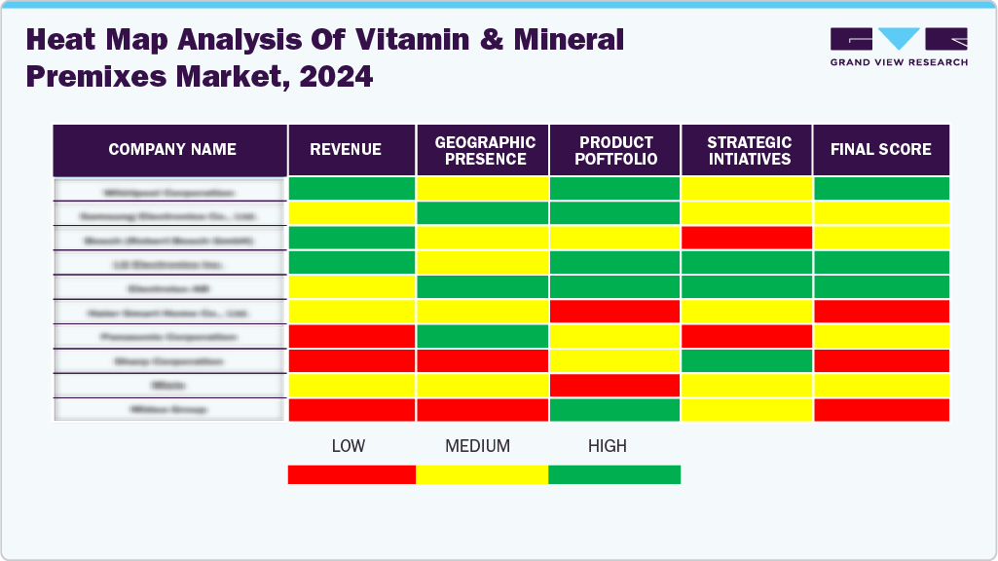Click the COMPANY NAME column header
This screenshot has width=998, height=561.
click(x=172, y=150)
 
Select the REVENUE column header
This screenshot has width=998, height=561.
click(x=346, y=150)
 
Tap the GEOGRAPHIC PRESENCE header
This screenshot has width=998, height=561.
click(x=485, y=150)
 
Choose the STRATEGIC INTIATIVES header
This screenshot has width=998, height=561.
click(x=749, y=150)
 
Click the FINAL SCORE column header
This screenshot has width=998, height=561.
click(x=880, y=150)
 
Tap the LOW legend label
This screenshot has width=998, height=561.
click(x=348, y=446)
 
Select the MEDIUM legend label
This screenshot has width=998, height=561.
click(x=477, y=446)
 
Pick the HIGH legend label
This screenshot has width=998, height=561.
click(x=607, y=446)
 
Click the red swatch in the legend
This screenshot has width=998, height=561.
click(x=351, y=474)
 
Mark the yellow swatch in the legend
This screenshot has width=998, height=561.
click(x=482, y=474)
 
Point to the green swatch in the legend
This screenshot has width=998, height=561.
click(x=614, y=474)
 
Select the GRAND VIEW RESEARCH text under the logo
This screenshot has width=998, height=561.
click(x=899, y=62)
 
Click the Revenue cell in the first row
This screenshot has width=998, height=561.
click(x=351, y=189)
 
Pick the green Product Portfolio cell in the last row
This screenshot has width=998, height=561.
click(x=614, y=410)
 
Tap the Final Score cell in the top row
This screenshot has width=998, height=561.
click(x=881, y=189)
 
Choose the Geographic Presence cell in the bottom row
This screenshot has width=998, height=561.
click(x=482, y=410)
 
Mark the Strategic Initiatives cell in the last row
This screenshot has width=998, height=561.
click(x=747, y=410)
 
